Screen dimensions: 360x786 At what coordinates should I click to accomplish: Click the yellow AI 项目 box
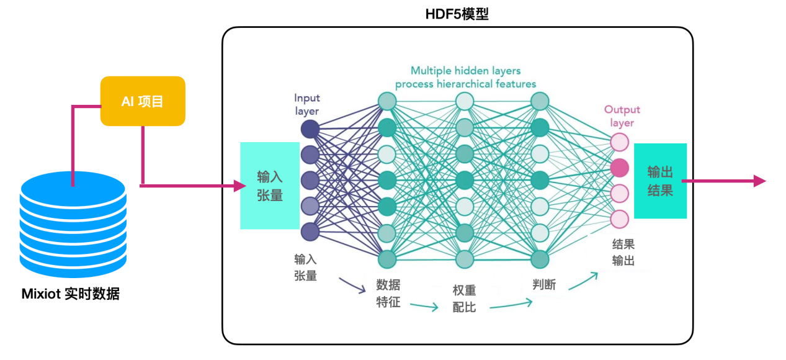pyautogui.click(x=143, y=101)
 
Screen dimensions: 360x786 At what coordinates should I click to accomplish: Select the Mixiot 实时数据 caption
pyautogui.click(x=70, y=294)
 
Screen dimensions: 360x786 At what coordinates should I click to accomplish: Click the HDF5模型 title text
pyautogui.click(x=457, y=14)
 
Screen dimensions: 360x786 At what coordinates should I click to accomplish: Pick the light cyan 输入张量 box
pyautogui.click(x=270, y=186)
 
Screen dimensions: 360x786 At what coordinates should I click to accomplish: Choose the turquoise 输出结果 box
pyautogui.click(x=660, y=181)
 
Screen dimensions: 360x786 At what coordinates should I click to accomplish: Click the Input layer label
pyautogui.click(x=306, y=104)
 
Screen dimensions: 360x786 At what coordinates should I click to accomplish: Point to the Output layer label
pyautogui.click(x=622, y=116)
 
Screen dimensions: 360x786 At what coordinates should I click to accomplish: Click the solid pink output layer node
pyautogui.click(x=619, y=168)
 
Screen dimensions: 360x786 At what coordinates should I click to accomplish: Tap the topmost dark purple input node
pyautogui.click(x=310, y=129)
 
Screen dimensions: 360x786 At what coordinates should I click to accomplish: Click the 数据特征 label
pyautogui.click(x=388, y=293)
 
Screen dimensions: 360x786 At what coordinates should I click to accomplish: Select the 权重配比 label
pyautogui.click(x=464, y=298)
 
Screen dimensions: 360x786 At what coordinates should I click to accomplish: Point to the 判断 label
pyautogui.click(x=544, y=285)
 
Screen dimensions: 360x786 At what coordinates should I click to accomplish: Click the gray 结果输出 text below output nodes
pyautogui.click(x=623, y=252)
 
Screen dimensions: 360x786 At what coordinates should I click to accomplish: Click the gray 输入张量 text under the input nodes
pyautogui.click(x=305, y=267)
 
